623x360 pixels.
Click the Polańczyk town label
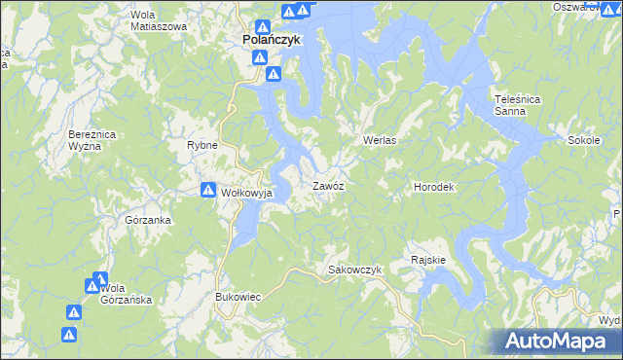(x=272, y=41)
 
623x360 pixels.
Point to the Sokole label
(x=582, y=140)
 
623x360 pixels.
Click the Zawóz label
(x=327, y=185)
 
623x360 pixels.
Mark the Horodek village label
(x=435, y=185)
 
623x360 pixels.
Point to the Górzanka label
(x=149, y=220)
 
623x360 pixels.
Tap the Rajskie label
(x=428, y=260)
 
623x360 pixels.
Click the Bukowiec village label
(x=238, y=296)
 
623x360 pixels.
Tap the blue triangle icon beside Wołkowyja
(x=207, y=191)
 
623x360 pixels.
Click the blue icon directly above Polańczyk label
(x=263, y=28)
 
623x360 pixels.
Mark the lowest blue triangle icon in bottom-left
(x=69, y=335)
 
